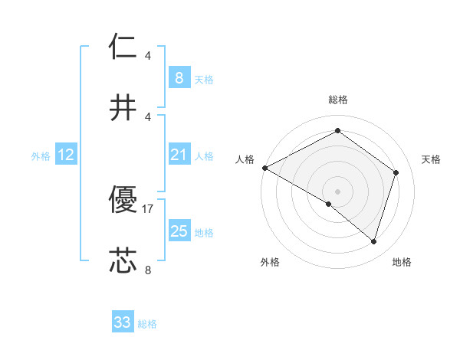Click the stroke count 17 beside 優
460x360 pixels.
[148, 208]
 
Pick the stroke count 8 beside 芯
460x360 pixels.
[148, 270]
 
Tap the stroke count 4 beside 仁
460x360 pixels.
[148, 55]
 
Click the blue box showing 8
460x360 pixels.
[179, 78]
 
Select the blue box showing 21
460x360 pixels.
[179, 155]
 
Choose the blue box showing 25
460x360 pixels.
[179, 231]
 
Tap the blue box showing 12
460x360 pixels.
[66, 155]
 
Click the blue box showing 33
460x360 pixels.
[123, 322]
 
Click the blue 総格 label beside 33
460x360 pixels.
[148, 324]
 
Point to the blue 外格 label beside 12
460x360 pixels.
[41, 156]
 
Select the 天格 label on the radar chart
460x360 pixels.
[431, 159]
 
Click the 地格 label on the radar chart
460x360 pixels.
[402, 262]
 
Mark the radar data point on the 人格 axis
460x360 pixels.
[264, 167]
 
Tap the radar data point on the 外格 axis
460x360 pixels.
[329, 204]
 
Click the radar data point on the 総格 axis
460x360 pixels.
[337, 131]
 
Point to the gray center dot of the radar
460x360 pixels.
[337, 191]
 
